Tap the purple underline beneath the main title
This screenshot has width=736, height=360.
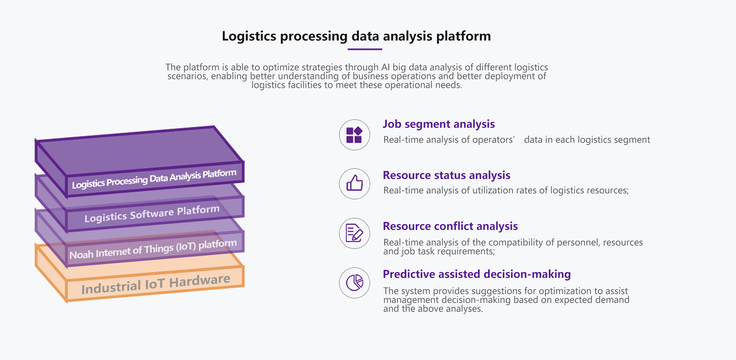pos(365,49)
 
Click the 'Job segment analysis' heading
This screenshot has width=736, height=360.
pos(439,124)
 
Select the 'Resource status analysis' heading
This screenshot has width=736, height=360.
pos(446,175)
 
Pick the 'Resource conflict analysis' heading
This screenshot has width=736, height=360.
pos(450,226)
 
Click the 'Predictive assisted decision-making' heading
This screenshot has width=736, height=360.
pos(477,274)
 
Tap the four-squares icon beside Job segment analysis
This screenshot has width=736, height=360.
pos(354,135)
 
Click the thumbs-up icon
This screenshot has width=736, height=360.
pos(354,184)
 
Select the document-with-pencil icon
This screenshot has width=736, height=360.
pos(354,233)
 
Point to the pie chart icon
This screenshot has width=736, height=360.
pos(354,283)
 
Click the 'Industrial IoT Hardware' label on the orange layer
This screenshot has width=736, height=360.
pos(155,285)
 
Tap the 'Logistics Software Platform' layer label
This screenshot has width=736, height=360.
pos(152,214)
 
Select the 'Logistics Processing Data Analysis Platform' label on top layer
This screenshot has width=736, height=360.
pos(154,179)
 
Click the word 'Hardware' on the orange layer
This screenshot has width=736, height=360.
pos(200,281)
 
